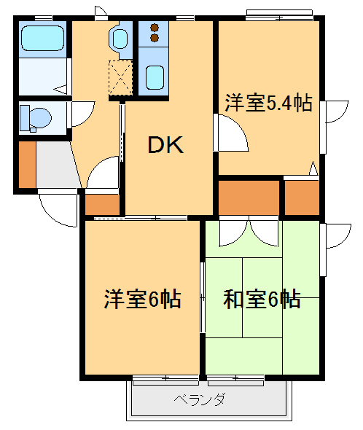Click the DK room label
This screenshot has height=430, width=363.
pyautogui.click(x=166, y=145)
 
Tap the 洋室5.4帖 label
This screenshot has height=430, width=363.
pyautogui.click(x=268, y=103)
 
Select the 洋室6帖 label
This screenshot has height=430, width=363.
pyautogui.click(x=142, y=299)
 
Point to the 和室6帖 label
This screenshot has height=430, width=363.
pyautogui.click(x=262, y=299)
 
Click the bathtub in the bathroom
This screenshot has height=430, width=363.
pyautogui.click(x=42, y=37)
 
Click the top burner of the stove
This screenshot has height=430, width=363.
pyautogui.click(x=155, y=29)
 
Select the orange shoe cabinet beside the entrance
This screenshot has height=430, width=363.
pyautogui.click(x=27, y=164)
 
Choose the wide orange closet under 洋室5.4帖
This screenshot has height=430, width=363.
pyautogui.click(x=249, y=197)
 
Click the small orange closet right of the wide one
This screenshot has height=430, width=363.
pyautogui.click(x=301, y=197)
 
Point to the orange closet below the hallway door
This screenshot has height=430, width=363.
pyautogui.click(x=102, y=205)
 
